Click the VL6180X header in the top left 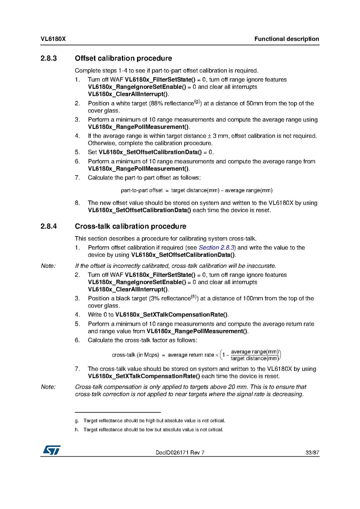[x=53, y=39]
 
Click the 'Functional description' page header [x=286, y=39]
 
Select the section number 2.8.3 [x=49, y=58]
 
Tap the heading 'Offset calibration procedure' [x=123, y=58]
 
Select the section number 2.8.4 [x=49, y=226]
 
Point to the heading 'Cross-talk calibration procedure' [x=130, y=226]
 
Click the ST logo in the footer [x=51, y=449]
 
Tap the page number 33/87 [x=312, y=453]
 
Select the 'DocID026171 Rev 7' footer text [x=180, y=453]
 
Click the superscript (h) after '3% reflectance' [x=194, y=296]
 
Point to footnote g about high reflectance [x=154, y=421]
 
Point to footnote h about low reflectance [x=153, y=429]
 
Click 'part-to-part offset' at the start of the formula [x=142, y=190]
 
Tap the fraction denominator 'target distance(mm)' [x=254, y=358]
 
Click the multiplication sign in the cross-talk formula [x=217, y=355]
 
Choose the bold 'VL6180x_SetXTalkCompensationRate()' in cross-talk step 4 [x=171, y=315]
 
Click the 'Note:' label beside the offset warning [x=48, y=266]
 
